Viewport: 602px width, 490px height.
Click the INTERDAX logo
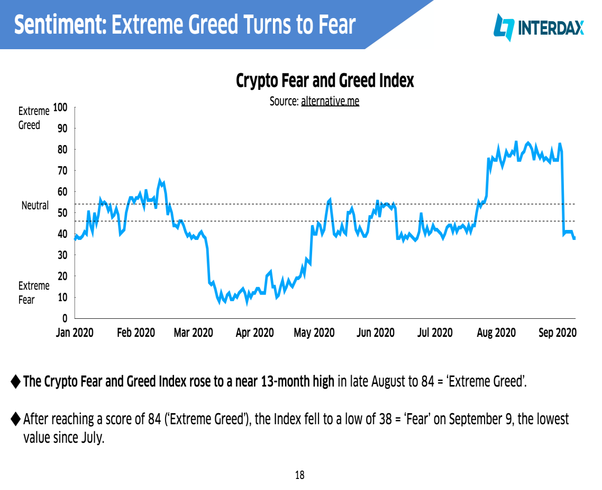click(x=538, y=28)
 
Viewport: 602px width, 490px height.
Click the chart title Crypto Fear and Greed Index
click(x=325, y=80)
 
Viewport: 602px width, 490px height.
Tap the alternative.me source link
click(x=330, y=101)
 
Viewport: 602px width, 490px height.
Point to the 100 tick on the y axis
click(x=60, y=107)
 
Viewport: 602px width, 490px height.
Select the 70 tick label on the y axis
click(x=63, y=171)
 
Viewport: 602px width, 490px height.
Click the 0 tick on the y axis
click(x=65, y=318)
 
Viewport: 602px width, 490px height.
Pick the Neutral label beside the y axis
click(x=35, y=205)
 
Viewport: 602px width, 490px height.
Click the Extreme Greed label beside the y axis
click(x=34, y=118)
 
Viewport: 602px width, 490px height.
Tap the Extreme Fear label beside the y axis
click(x=34, y=293)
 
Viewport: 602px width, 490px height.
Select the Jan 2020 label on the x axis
click(x=75, y=332)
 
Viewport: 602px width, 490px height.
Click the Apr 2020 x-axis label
click(x=255, y=333)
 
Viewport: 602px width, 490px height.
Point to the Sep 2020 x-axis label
click(x=557, y=333)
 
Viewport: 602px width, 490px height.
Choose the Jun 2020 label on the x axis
click(x=375, y=332)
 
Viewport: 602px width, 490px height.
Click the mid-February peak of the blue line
click(x=160, y=180)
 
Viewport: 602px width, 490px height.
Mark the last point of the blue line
click(x=574, y=238)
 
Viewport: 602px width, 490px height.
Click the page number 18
click(x=299, y=475)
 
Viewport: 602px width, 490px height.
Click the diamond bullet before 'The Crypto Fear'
click(x=16, y=382)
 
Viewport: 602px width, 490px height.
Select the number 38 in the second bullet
click(x=385, y=419)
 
